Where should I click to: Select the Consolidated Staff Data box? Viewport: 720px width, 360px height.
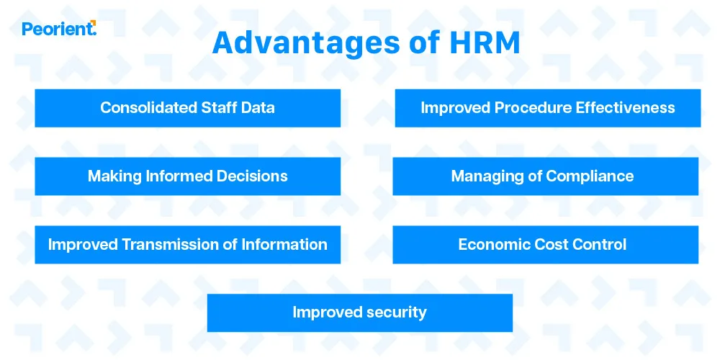pos(187,108)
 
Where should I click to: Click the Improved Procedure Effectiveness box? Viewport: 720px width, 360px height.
pos(547,108)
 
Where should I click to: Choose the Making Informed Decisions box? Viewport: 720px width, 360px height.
pos(187,176)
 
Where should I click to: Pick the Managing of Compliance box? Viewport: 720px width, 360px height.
pos(545,176)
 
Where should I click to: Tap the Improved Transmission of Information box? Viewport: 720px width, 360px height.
pos(187,245)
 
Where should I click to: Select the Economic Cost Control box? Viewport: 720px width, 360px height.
pos(545,245)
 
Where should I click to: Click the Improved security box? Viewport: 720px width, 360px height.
pos(359,312)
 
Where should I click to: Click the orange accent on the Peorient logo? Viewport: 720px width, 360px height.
pos(94,24)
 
